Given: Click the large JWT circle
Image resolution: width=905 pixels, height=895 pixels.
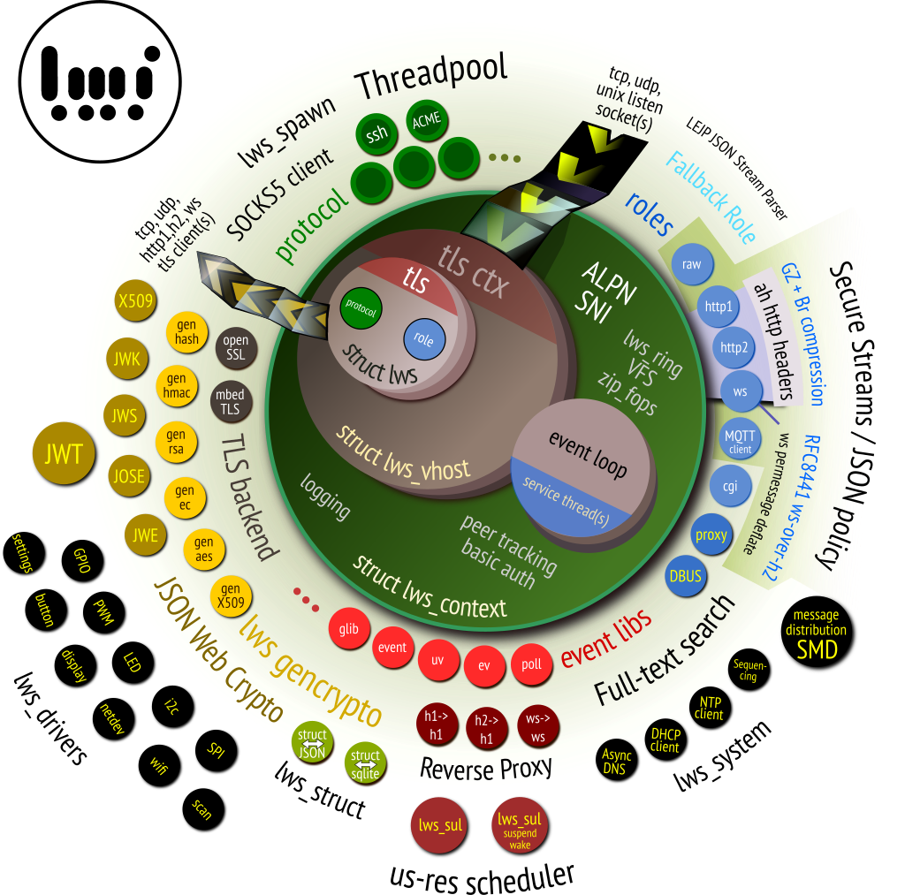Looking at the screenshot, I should click(64, 454).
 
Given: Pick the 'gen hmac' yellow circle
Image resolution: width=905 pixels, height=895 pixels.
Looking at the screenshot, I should click(177, 387).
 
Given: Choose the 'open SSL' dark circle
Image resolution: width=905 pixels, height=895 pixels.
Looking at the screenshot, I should click(236, 346).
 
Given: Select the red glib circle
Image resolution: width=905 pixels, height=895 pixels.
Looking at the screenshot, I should click(348, 629).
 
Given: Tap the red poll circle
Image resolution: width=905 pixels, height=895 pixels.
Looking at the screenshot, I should click(532, 664).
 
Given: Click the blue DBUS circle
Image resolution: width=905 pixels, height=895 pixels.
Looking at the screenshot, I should click(686, 577).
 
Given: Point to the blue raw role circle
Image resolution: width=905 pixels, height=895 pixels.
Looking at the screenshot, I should click(692, 264).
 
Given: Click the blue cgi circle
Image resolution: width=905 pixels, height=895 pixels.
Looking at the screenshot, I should click(731, 486).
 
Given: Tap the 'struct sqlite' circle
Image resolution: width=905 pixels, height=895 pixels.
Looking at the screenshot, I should click(366, 762).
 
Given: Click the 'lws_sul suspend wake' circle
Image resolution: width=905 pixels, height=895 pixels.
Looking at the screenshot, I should click(520, 825).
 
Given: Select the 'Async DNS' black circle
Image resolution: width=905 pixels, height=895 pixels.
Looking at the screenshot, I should click(614, 762).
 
